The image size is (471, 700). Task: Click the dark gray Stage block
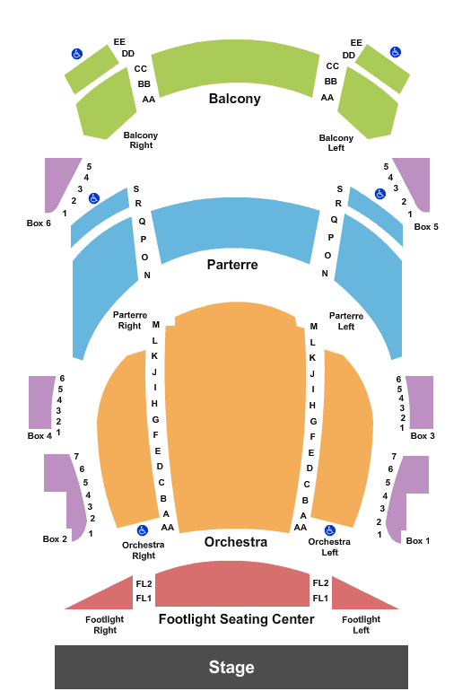231,667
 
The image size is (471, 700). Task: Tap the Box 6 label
39,223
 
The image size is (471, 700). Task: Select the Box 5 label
426,227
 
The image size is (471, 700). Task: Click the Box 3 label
423,436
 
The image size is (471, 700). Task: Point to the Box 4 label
39,436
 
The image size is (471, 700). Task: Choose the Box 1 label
418,541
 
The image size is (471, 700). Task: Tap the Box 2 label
55,539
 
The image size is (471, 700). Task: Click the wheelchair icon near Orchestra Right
142,530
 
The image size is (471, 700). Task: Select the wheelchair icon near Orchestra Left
330,530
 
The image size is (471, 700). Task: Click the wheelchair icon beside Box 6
94,198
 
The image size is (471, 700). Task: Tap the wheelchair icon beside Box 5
379,194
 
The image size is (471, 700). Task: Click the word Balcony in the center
235,99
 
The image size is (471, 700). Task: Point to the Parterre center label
232,265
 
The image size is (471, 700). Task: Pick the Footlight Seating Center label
237,619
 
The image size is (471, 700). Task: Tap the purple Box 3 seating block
421,402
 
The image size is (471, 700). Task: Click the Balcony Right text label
141,140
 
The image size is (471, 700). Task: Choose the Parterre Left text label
346,321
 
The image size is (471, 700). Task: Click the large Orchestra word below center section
236,542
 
